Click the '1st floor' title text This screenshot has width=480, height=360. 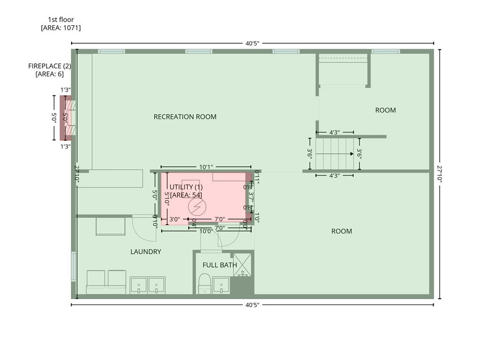pyautogui.click(x=61, y=19)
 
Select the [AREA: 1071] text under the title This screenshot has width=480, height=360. pyautogui.click(x=61, y=28)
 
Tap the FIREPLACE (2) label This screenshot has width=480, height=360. pyautogui.click(x=49, y=66)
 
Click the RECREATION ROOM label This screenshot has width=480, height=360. pyautogui.click(x=185, y=117)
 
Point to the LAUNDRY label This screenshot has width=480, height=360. pyautogui.click(x=146, y=252)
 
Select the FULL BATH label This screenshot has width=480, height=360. pyautogui.click(x=219, y=265)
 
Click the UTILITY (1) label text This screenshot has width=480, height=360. pyautogui.click(x=186, y=187)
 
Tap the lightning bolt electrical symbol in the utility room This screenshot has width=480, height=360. pyautogui.click(x=197, y=206)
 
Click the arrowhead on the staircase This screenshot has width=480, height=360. pyautogui.click(x=352, y=154)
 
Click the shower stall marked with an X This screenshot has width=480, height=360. pyautogui.click(x=242, y=264)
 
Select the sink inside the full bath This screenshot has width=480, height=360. pyautogui.click(x=221, y=285)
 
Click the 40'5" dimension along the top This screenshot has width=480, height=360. pyautogui.click(x=252, y=43)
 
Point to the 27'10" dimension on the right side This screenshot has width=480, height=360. pyautogui.click(x=440, y=173)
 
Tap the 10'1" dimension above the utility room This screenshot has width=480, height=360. pyautogui.click(x=206, y=167)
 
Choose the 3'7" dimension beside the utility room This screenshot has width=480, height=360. pyautogui.click(x=251, y=197)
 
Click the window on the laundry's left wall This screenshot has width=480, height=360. pyautogui.click(x=73, y=267)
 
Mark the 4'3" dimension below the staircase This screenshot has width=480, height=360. pyautogui.click(x=334, y=176)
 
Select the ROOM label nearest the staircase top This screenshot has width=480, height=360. pyautogui.click(x=385, y=110)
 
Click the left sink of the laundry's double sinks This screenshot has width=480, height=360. pyautogui.click(x=139, y=285)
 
